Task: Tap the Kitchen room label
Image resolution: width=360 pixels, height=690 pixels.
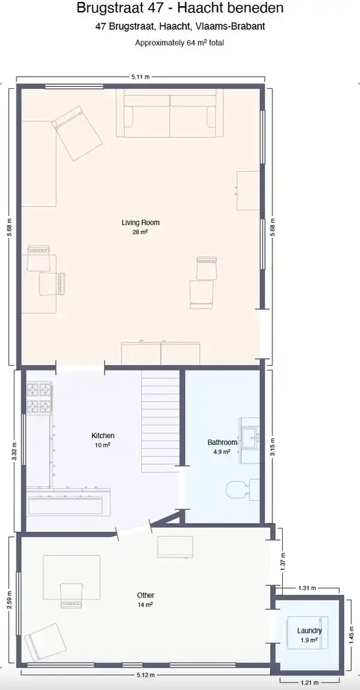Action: coord(103,436)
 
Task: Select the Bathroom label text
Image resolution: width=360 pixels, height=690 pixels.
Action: coord(222,442)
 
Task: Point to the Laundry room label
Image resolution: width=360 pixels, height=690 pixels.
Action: coord(309,631)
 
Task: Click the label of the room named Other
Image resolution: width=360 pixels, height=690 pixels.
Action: coord(146,595)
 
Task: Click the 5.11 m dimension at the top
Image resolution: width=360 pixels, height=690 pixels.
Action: coord(141,76)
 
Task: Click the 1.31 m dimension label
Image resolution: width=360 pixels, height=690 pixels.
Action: coord(307,589)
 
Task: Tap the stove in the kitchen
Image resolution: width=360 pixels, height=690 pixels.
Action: coord(39,398)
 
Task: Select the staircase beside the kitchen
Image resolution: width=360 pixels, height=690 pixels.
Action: coord(161,421)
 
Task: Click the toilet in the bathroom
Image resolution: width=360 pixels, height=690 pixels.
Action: coord(238,489)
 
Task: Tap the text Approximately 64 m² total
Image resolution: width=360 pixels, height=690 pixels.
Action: coord(179,43)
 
